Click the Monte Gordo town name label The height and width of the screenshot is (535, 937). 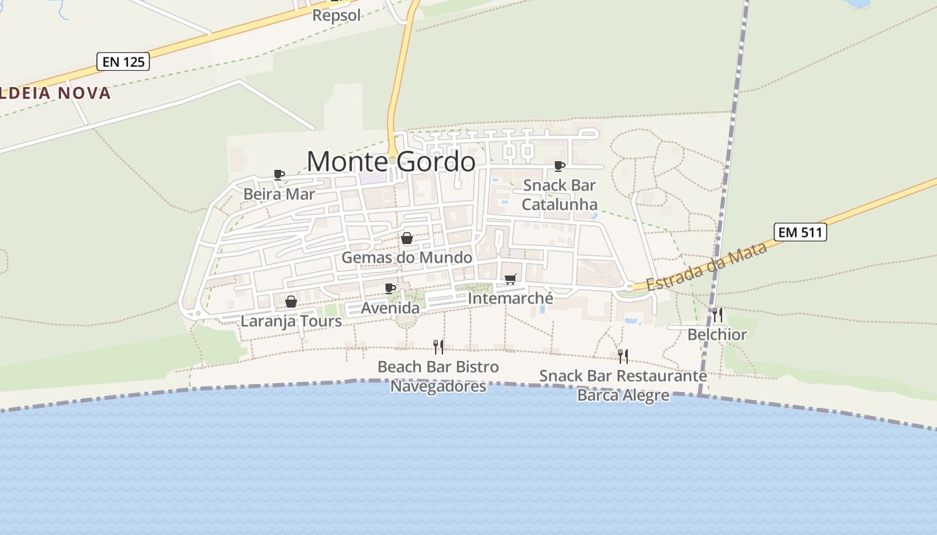[391, 162]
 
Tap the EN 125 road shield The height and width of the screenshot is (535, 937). [122, 62]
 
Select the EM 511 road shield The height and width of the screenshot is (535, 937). [800, 232]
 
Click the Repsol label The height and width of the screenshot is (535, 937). [337, 15]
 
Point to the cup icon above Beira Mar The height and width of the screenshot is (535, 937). [279, 175]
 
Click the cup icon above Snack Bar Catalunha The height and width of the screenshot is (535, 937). [559, 166]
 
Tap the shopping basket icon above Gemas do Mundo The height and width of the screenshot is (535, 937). [406, 238]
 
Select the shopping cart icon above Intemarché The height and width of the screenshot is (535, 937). [510, 279]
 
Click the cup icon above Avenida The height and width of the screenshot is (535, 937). [390, 288]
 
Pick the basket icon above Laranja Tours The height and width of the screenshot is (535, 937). [290, 302]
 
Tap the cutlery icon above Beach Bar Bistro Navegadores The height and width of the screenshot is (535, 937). [438, 346]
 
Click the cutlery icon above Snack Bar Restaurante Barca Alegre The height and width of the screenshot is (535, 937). [622, 356]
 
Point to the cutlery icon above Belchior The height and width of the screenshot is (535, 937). [717, 314]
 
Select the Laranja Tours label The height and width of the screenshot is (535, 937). [291, 321]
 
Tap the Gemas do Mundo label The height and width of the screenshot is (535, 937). [406, 257]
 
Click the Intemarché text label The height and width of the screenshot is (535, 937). [511, 298]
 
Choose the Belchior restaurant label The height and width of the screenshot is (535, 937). [717, 334]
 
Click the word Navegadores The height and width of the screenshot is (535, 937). [438, 387]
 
